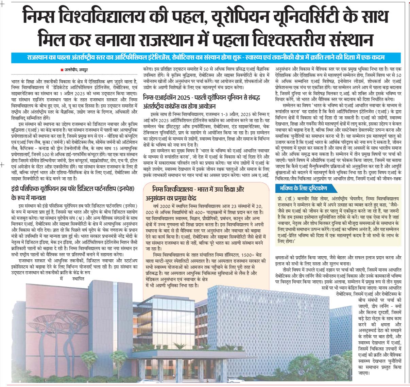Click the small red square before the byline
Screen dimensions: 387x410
[x=61, y=70]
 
